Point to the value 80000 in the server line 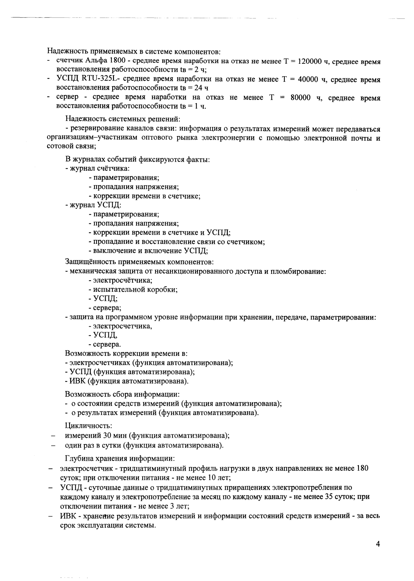pyautogui.click(x=301, y=98)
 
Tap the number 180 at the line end pyautogui.click(x=362, y=468)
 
